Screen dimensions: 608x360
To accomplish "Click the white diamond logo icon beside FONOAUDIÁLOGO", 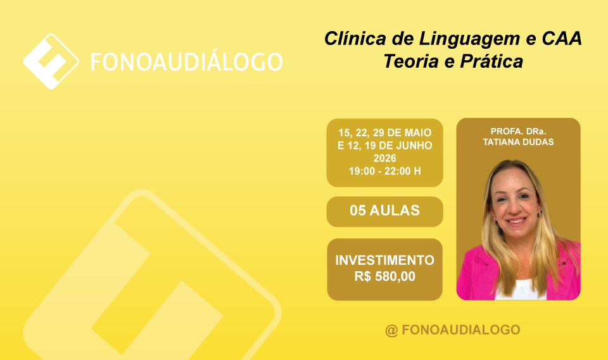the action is (51, 61).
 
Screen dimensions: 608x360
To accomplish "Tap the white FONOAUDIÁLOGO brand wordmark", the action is (186, 62).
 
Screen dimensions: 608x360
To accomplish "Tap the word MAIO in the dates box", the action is (418, 132).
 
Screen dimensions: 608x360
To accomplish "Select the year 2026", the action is (384, 158).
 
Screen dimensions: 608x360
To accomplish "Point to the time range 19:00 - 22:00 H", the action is (384, 171).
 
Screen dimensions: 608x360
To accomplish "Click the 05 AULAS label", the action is (384, 210).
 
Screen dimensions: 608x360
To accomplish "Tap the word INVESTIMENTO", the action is (384, 260).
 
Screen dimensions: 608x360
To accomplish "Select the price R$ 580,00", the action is (384, 276).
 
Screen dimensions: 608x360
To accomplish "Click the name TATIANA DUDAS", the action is (518, 142).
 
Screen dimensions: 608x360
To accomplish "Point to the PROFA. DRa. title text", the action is (518, 131).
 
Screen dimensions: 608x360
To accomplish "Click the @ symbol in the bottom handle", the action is (391, 330).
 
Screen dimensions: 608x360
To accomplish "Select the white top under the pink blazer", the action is (521, 290).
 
